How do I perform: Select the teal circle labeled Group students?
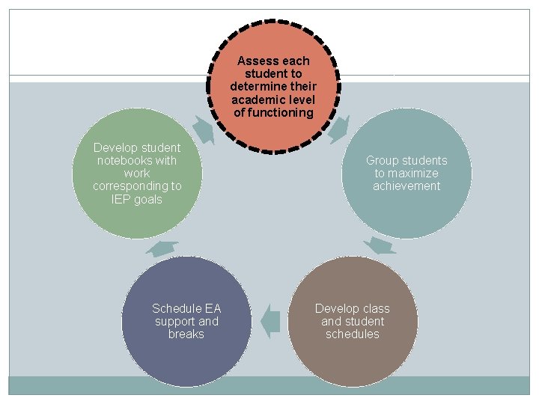[x=406, y=174]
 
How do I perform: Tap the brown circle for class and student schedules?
[x=352, y=322]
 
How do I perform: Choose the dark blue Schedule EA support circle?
[x=186, y=322]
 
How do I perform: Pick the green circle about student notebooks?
[x=137, y=174]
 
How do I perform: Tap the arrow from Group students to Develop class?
[x=381, y=246]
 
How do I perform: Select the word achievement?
[x=406, y=186]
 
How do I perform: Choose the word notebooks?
[x=127, y=161]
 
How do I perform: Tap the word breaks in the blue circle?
[x=186, y=334]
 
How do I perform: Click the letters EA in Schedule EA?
[x=213, y=308]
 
